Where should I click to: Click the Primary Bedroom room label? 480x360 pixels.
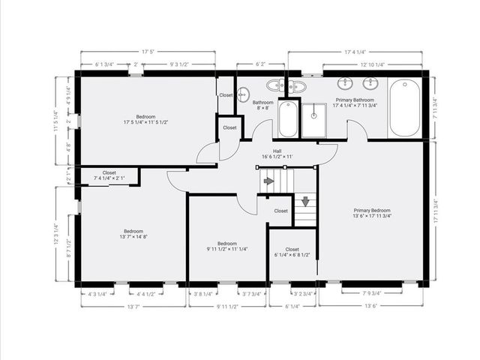pyautogui.click(x=371, y=212)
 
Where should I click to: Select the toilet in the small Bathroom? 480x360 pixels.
pyautogui.click(x=243, y=94)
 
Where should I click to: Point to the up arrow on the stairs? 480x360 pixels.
pyautogui.click(x=269, y=181)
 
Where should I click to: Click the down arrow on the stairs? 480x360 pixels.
pyautogui.click(x=304, y=201)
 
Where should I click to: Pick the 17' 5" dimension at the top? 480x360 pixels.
pyautogui.click(x=148, y=52)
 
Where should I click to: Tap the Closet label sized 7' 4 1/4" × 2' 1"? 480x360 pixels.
pyautogui.click(x=109, y=175)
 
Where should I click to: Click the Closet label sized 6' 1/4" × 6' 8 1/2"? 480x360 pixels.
pyautogui.click(x=292, y=253)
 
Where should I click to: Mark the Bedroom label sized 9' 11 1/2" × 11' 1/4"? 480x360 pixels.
pyautogui.click(x=227, y=246)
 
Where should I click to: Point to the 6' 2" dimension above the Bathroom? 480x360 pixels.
pyautogui.click(x=260, y=64)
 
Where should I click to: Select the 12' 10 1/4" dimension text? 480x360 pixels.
pyautogui.click(x=373, y=64)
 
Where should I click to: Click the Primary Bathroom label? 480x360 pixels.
pyautogui.click(x=355, y=103)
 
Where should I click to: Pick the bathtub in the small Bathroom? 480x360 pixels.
pyautogui.click(x=288, y=118)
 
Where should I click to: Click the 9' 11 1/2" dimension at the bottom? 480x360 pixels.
pyautogui.click(x=226, y=306)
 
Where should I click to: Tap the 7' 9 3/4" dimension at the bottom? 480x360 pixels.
pyautogui.click(x=372, y=293)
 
